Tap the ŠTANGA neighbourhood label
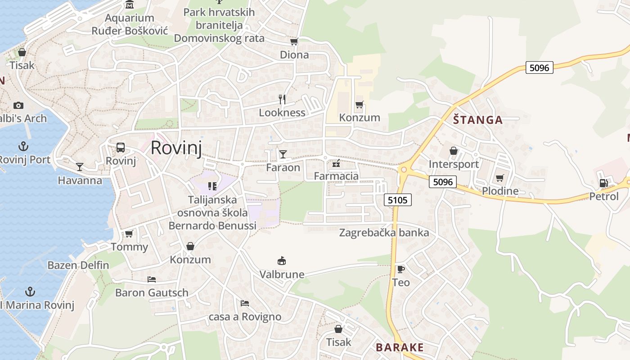(477, 120)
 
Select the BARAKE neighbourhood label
(400, 347)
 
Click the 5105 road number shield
(398, 200)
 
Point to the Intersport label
(454, 164)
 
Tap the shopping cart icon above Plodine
(499, 178)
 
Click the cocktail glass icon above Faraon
(283, 155)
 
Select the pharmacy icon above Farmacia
(336, 163)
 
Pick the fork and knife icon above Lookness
(282, 99)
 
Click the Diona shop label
(294, 55)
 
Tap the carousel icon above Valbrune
(282, 261)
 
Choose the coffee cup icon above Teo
(400, 270)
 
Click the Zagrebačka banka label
(384, 233)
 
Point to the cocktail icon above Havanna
(80, 167)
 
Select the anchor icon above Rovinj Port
(23, 146)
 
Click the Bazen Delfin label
(78, 265)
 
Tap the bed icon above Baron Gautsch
(152, 279)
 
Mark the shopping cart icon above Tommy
(129, 234)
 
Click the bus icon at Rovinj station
(121, 148)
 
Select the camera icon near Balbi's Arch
(18, 105)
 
